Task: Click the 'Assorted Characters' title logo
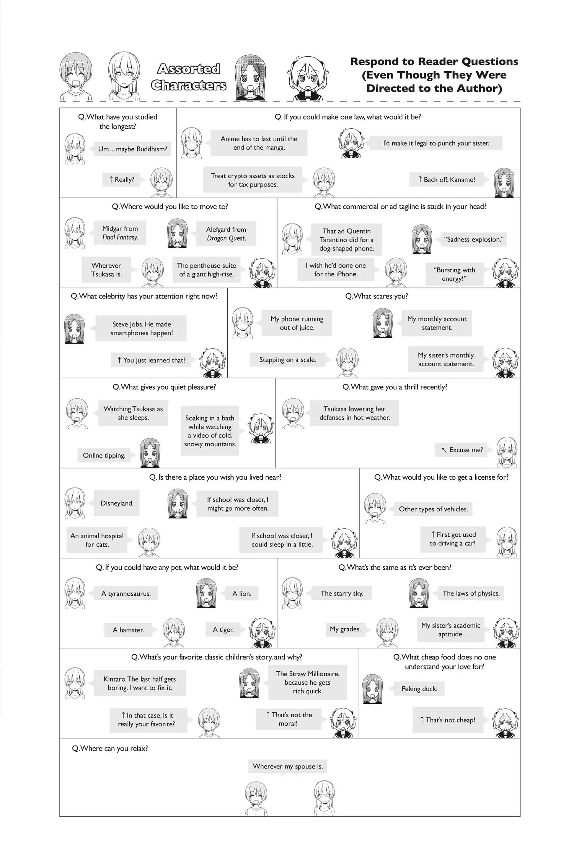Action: [188, 77]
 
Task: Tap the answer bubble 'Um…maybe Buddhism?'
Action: [132, 149]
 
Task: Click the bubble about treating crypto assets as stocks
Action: [253, 180]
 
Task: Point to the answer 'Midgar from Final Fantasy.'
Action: [120, 233]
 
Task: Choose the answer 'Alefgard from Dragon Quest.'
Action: [226, 234]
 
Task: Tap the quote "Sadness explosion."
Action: [474, 239]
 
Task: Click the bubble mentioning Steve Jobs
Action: [142, 328]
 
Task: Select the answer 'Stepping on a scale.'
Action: [288, 360]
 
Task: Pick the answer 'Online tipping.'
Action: [104, 455]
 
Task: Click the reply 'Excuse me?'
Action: [462, 450]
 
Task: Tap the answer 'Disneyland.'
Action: [117, 503]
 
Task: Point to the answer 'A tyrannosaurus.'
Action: [126, 593]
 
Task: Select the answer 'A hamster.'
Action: [128, 629]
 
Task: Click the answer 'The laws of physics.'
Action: [471, 593]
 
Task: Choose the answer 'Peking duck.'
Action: [419, 688]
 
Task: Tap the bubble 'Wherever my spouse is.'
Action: [288, 766]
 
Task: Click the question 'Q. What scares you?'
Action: [377, 296]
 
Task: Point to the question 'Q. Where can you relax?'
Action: [110, 748]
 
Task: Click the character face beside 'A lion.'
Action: [206, 593]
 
